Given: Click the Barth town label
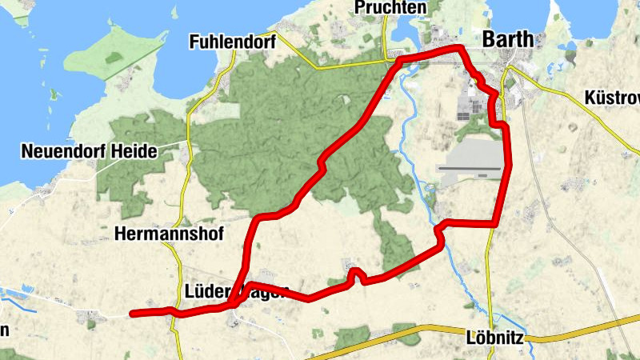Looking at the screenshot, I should pyautogui.click(x=509, y=41).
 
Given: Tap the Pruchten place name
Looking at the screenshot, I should pyautogui.click(x=393, y=8).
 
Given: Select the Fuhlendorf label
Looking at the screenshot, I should pyautogui.click(x=231, y=41).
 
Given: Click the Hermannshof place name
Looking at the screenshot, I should pyautogui.click(x=169, y=234).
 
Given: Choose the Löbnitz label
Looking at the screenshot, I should pyautogui.click(x=494, y=338).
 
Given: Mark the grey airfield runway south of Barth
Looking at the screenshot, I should pyautogui.click(x=470, y=168).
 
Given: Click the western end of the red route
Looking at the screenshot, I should pyautogui.click(x=133, y=313).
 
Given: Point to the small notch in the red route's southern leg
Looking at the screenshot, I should pyautogui.click(x=357, y=274).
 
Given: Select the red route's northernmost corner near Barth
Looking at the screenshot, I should pyautogui.click(x=460, y=50).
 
